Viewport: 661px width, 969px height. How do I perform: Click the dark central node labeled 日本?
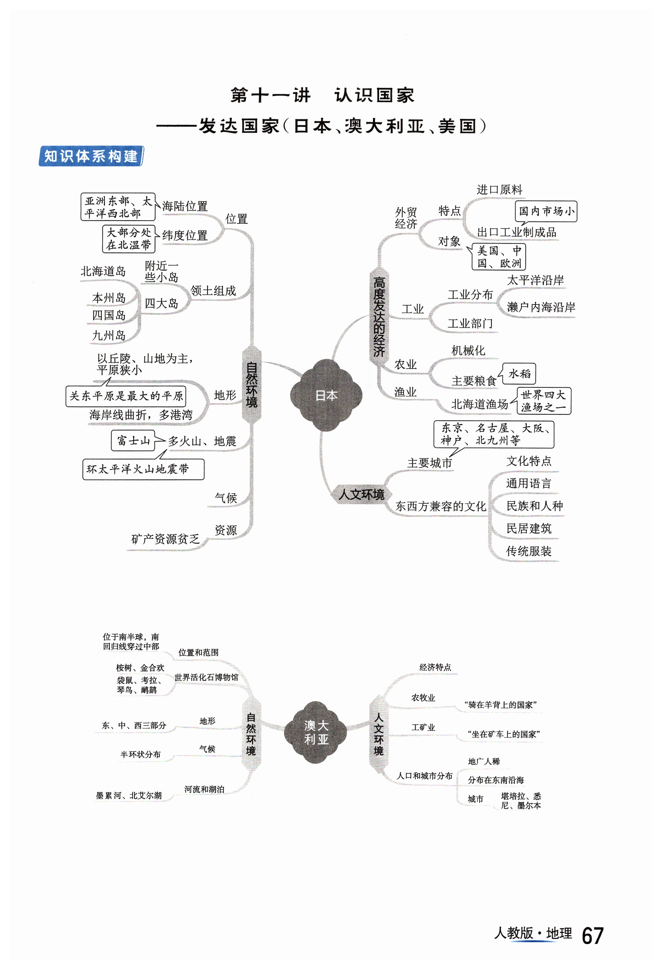326,395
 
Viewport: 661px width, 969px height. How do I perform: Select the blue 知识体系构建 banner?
91,156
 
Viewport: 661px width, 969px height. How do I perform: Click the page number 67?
592,936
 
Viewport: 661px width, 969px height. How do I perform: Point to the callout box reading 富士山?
133,440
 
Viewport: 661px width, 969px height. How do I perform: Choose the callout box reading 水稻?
519,373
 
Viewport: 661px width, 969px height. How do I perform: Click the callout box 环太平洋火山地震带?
143,469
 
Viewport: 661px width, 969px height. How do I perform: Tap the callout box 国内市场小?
546,211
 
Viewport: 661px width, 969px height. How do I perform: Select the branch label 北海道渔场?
479,404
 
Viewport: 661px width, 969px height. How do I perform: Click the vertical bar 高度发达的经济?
378,317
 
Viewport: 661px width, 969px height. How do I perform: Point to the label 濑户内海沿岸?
541,307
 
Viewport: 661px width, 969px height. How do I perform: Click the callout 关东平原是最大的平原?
126,396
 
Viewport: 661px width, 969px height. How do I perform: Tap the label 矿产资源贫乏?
166,539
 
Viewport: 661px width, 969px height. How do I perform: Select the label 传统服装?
528,551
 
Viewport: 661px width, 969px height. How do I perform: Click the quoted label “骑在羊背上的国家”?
500,705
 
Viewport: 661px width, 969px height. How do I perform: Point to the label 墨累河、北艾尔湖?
129,795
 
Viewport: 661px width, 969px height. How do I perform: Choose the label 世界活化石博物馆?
206,677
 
